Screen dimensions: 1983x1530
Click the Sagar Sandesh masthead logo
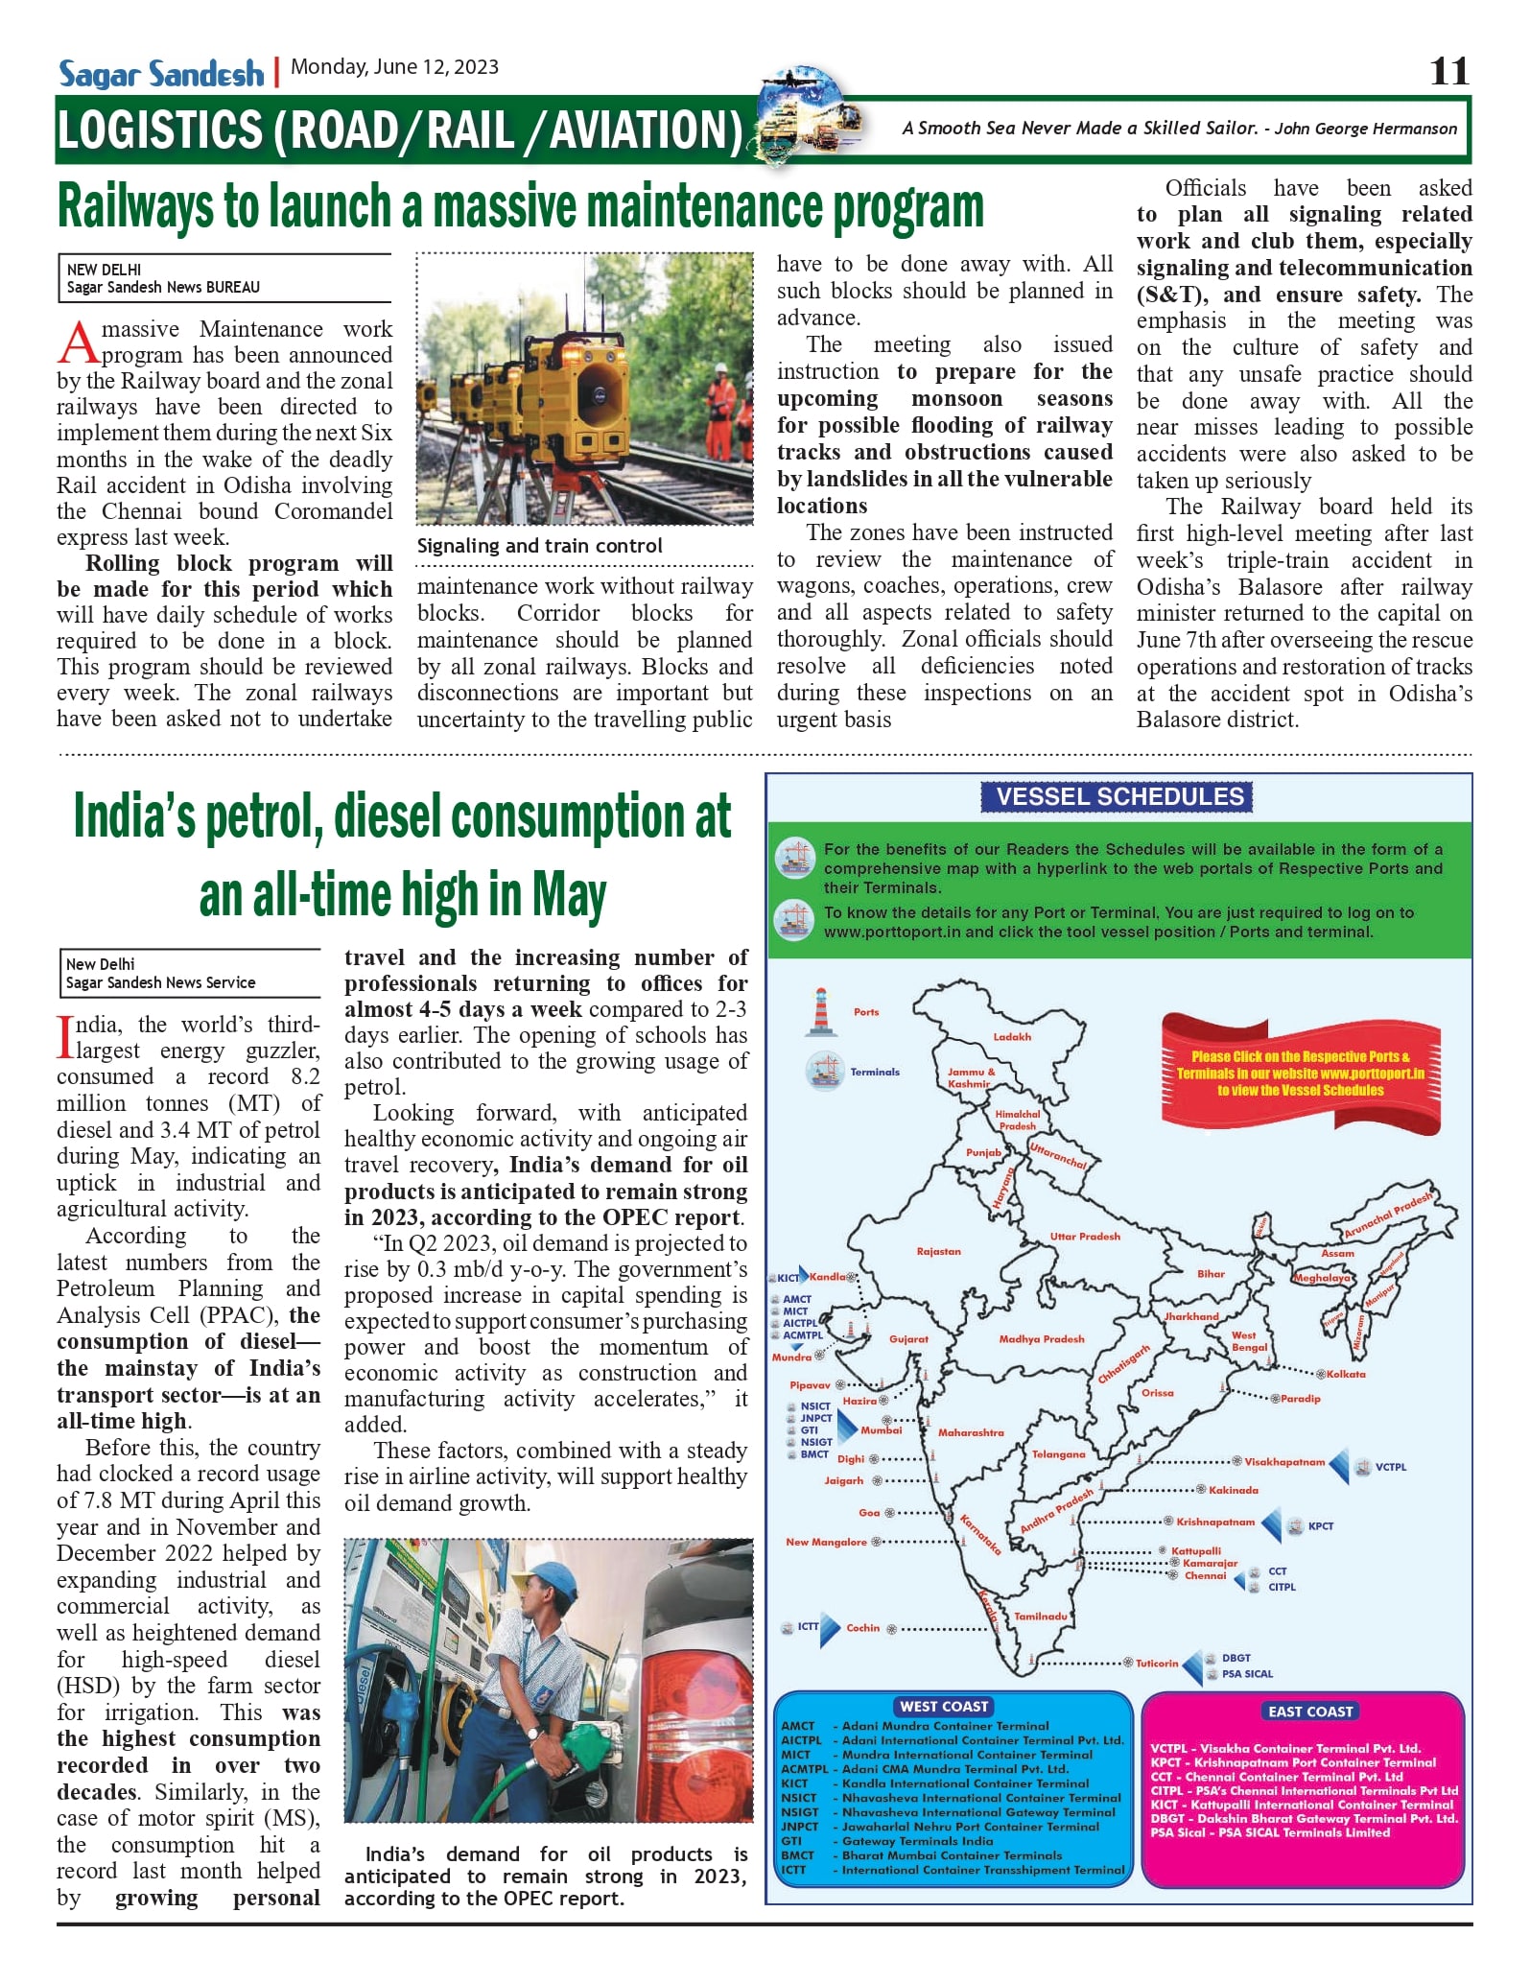coord(160,74)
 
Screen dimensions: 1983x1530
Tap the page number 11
coord(1448,71)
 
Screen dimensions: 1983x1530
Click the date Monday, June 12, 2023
coord(394,67)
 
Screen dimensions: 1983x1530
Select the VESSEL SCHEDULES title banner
coord(1118,796)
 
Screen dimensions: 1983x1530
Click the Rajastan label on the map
coord(938,1251)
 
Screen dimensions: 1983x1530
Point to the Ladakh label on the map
coord(1012,1037)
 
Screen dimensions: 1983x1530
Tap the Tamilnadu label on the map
coord(1041,1616)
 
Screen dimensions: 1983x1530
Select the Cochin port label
coord(862,1627)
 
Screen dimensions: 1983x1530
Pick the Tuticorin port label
coord(1156,1663)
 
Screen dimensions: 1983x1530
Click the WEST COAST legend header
coord(944,1707)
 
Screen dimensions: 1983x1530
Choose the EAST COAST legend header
coord(1309,1711)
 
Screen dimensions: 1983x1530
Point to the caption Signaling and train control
coord(539,546)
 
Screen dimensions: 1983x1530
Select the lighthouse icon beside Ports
coord(820,1012)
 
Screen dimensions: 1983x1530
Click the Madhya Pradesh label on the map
coord(1041,1338)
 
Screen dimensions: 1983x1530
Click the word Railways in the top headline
coord(135,207)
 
